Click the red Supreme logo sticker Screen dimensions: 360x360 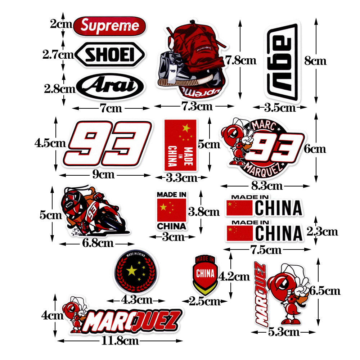coord(109,26)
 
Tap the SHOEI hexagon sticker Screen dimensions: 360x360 coord(109,55)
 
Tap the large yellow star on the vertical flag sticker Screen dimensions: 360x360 coord(186,127)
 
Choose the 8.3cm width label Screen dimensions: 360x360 coord(266,186)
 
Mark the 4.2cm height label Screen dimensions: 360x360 coord(234,276)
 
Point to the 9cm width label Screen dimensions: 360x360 coord(104,175)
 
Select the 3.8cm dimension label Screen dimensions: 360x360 coord(204,212)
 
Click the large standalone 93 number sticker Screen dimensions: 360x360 coord(108,146)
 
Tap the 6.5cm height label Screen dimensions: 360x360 coord(325,290)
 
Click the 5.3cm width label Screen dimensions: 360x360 coord(284,332)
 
